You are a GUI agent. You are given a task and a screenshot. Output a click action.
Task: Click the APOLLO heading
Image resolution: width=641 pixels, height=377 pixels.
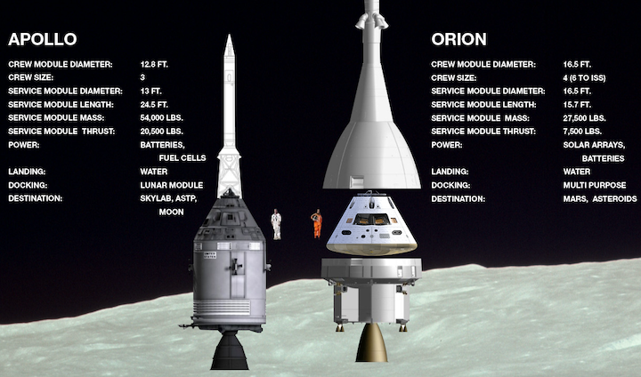coord(43,39)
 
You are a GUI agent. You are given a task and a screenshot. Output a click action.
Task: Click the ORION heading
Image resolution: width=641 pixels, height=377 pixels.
coord(458,39)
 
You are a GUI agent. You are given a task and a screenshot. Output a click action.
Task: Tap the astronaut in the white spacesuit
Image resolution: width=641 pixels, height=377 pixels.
coord(276,224)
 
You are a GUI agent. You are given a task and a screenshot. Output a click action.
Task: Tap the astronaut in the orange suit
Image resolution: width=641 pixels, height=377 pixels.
coord(317,223)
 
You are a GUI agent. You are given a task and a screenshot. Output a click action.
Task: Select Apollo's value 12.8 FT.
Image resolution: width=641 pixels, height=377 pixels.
coord(154,65)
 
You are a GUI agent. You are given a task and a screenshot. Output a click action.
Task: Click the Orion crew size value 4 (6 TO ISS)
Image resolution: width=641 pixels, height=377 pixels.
coord(584,77)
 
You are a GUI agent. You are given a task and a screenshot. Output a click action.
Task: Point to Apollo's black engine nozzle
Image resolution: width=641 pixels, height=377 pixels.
coord(230,350)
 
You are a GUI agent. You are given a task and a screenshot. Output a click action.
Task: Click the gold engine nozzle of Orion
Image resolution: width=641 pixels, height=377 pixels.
coord(371,342)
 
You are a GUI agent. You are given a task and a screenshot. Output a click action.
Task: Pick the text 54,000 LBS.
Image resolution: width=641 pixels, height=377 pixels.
coord(161,118)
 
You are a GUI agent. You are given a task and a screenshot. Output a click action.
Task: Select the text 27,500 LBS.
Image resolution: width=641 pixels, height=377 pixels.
coord(584,118)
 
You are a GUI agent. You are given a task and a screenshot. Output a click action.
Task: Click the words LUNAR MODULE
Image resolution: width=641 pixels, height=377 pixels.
coord(172,185)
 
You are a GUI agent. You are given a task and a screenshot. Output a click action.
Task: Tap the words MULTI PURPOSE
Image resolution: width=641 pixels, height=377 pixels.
coord(595,185)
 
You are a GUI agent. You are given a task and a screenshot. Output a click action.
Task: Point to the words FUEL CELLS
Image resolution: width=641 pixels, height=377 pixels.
coord(183,158)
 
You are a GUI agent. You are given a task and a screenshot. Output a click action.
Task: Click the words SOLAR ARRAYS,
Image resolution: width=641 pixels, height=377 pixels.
coord(594,145)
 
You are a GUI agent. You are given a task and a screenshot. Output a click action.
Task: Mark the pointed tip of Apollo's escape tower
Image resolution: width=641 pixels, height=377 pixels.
coord(230,36)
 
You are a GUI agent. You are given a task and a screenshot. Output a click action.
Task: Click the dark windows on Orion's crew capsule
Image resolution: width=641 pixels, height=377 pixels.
coord(371,220)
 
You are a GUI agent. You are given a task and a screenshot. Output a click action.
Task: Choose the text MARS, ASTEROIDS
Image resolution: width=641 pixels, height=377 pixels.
coord(600,199)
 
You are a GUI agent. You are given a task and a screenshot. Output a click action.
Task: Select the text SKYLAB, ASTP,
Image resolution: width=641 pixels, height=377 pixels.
coord(168,198)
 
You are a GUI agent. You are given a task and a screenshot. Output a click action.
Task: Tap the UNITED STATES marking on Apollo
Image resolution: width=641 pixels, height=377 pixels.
coord(210,255)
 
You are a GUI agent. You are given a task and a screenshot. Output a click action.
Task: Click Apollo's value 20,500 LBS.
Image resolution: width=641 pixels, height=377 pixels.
coord(161,132)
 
